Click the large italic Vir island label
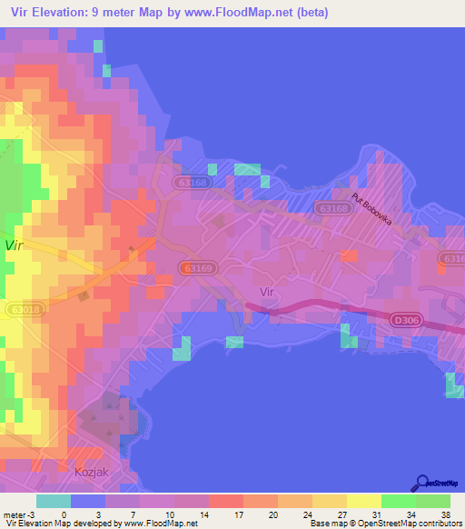tap(13, 245)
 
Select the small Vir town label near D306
tap(266, 292)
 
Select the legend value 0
tap(64, 514)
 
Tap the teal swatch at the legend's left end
tap(54, 501)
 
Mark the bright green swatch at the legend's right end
tap(433, 501)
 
